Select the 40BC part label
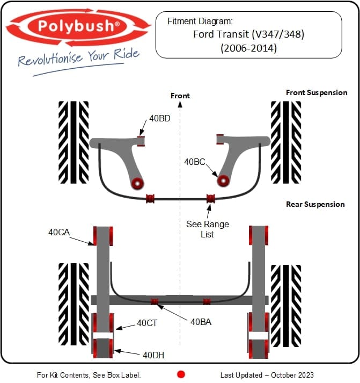195,161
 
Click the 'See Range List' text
208,229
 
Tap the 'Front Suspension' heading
317,92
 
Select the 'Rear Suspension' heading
315,204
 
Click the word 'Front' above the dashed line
180,96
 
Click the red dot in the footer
181,374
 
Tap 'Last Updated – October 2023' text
267,375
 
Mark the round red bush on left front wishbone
138,183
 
